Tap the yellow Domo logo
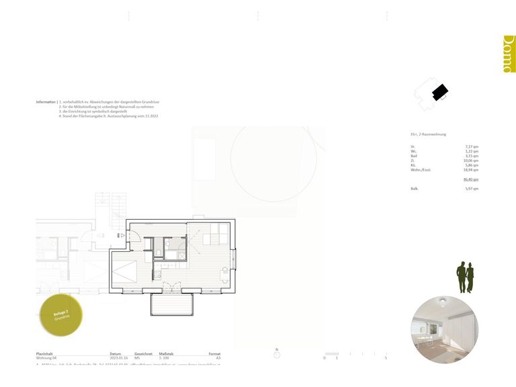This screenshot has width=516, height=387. pyautogui.click(x=509, y=54)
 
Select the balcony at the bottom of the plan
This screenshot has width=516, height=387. pyautogui.click(x=172, y=305)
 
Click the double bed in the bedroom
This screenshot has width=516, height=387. pyautogui.click(x=128, y=275)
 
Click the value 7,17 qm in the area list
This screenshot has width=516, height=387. pyautogui.click(x=472, y=146)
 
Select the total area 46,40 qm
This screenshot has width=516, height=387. pyautogui.click(x=471, y=179)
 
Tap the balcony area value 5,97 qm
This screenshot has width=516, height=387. pyautogui.click(x=472, y=189)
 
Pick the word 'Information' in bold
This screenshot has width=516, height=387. pyautogui.click(x=46, y=101)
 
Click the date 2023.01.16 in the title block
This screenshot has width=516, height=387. pyautogui.click(x=118, y=359)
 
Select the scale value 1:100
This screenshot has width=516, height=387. pyautogui.click(x=163, y=359)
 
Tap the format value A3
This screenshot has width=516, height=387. pyautogui.click(x=218, y=359)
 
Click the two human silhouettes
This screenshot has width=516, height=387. pyautogui.click(x=466, y=277)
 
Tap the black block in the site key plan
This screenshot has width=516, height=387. pyautogui.click(x=439, y=91)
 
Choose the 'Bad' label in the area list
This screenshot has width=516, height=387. pyautogui.click(x=413, y=156)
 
